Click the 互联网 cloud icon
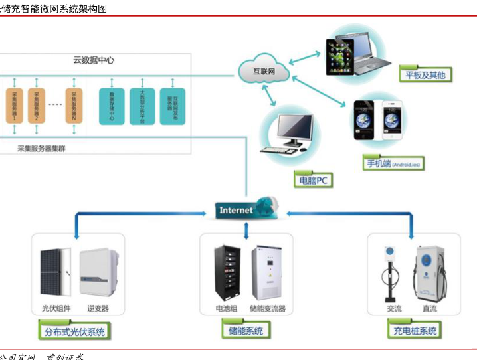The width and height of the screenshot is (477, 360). (x=264, y=70)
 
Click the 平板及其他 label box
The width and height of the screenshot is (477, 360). (x=425, y=74)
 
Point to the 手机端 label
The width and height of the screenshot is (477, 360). (x=392, y=163)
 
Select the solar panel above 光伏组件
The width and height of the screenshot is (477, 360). (x=51, y=272)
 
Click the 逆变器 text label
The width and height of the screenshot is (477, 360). (x=98, y=308)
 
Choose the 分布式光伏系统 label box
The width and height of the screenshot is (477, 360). (x=73, y=330)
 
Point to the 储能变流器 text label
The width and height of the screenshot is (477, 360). (x=267, y=308)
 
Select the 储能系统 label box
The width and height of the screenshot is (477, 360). (x=246, y=330)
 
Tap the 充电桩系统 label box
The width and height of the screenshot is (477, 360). (x=413, y=330)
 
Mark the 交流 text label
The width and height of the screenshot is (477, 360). (x=395, y=308)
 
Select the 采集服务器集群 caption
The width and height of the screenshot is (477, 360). (x=46, y=149)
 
